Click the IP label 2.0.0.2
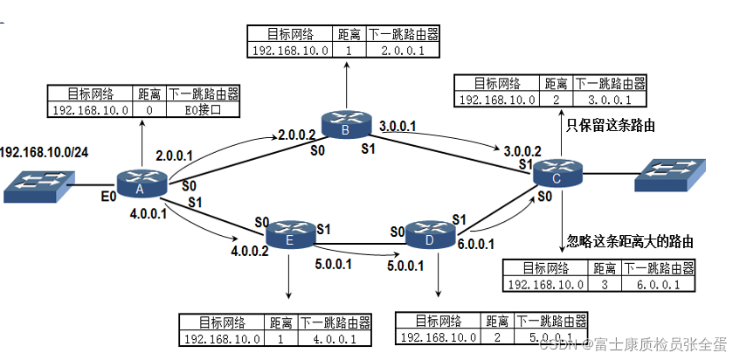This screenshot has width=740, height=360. pyautogui.click(x=296, y=135)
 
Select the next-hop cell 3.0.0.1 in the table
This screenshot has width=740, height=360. pyautogui.click(x=608, y=100)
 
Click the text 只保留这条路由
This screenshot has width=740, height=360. pyautogui.click(x=612, y=126)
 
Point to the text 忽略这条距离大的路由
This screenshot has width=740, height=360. pyautogui.click(x=622, y=240)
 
